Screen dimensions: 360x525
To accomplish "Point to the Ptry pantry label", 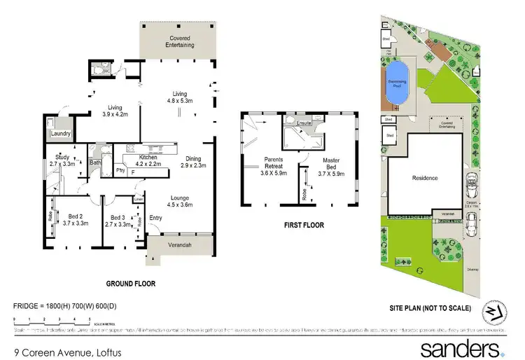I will [120, 169].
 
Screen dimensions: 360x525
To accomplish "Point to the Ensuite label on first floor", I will [303, 123].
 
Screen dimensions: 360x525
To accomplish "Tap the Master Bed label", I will [330, 164].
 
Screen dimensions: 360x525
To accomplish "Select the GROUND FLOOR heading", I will [130, 284].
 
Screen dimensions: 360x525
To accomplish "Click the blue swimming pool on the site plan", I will [397, 74].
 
